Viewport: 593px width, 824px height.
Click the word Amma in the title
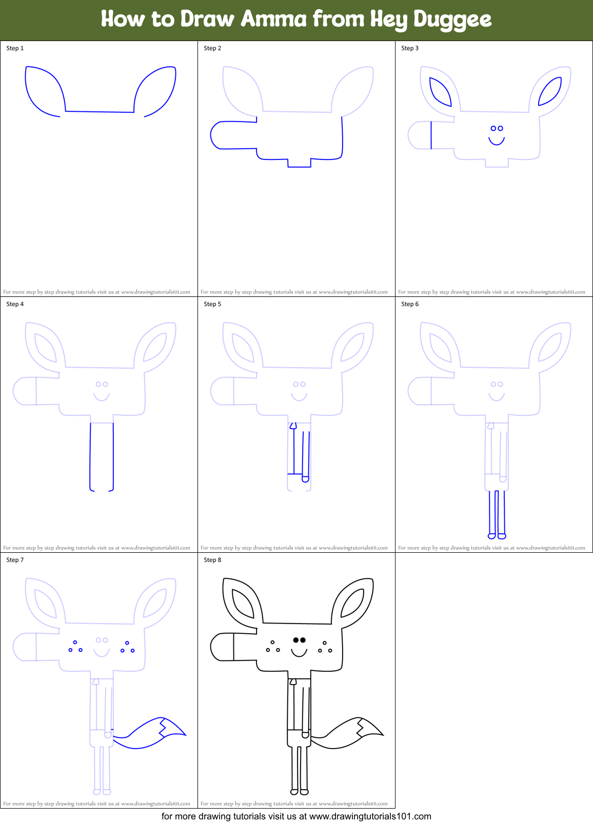(274, 19)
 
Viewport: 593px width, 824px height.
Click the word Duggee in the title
(452, 19)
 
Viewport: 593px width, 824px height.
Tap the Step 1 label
(15, 48)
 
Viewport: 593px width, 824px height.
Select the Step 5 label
(212, 304)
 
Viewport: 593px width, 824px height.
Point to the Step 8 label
(212, 560)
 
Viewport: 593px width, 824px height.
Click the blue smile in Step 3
(497, 140)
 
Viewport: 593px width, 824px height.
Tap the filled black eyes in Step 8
(299, 640)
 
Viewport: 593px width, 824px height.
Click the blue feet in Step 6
(497, 536)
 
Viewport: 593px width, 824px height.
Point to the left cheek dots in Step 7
(75, 647)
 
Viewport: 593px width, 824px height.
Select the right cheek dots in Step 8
(324, 647)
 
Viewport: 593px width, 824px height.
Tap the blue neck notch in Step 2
(299, 163)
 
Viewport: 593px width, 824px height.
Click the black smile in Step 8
(299, 653)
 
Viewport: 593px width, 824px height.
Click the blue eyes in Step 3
(497, 128)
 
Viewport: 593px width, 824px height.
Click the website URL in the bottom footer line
(370, 816)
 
